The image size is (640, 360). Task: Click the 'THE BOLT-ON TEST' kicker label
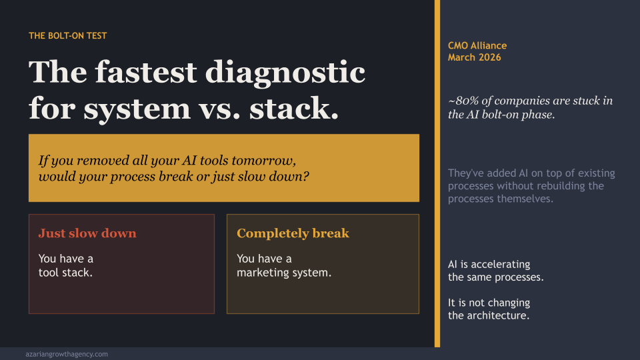click(x=68, y=36)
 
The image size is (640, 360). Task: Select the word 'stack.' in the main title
click(x=294, y=109)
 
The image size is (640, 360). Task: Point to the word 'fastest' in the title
click(x=146, y=72)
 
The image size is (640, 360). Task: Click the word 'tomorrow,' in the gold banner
click(x=264, y=161)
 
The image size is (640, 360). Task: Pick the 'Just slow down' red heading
click(x=87, y=233)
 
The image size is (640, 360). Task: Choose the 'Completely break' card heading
click(x=293, y=233)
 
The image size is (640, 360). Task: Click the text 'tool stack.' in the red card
click(x=65, y=273)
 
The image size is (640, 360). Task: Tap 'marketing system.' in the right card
click(x=284, y=273)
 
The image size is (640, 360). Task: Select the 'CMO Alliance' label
click(x=477, y=46)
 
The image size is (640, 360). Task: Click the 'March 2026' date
click(x=474, y=57)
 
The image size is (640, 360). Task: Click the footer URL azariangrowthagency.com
click(x=67, y=354)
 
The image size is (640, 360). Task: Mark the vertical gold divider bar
click(x=437, y=173)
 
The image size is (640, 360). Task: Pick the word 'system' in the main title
click(x=137, y=109)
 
